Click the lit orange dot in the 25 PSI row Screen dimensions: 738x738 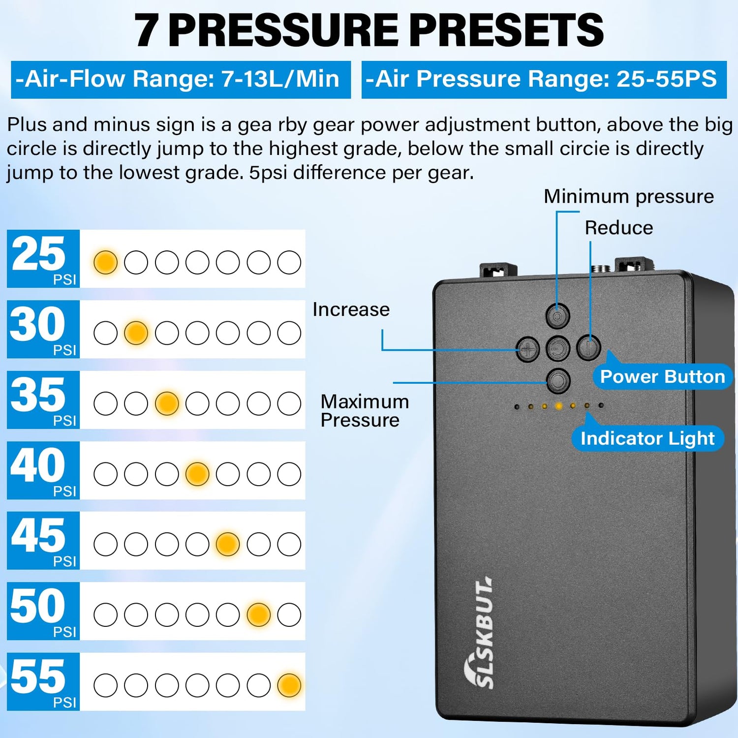[x=105, y=262]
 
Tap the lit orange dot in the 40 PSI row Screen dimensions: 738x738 [x=197, y=474]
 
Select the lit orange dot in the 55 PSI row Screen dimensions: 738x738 [x=289, y=685]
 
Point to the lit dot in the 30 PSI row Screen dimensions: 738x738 [x=136, y=333]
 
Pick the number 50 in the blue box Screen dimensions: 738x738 [x=38, y=606]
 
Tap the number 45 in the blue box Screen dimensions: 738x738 [x=38, y=535]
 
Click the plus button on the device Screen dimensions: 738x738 [x=527, y=350]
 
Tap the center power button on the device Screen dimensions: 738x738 [x=558, y=349]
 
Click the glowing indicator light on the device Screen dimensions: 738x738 [x=558, y=406]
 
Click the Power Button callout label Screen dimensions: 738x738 [x=662, y=377]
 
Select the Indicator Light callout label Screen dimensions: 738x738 [x=647, y=438]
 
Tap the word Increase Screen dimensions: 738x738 [x=351, y=309]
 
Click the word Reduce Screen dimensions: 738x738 [x=619, y=228]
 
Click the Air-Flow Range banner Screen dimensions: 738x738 [x=181, y=80]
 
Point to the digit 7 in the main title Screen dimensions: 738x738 [x=147, y=31]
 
